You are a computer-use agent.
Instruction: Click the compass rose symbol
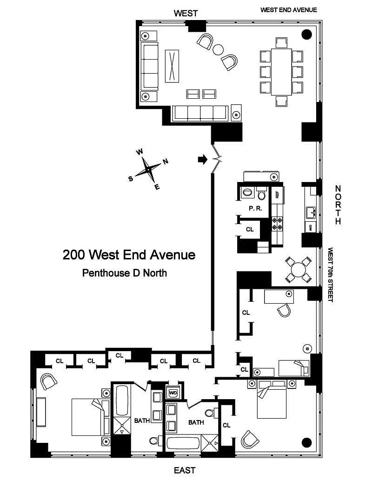[x=148, y=170]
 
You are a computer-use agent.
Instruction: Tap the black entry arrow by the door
[x=203, y=159]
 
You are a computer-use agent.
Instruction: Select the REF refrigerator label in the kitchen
[x=277, y=195]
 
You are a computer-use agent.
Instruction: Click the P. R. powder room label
[x=255, y=209]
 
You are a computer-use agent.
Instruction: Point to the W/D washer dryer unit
[x=173, y=393]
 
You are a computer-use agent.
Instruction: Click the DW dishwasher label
[x=310, y=228]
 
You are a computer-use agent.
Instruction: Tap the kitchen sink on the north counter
[x=310, y=213]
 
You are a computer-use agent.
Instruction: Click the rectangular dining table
[x=281, y=72]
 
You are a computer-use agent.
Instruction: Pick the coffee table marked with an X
[x=172, y=66]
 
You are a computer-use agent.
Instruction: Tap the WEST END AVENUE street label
[x=288, y=10]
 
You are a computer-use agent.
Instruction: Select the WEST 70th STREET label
[x=330, y=274]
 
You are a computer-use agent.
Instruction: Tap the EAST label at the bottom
[x=185, y=470]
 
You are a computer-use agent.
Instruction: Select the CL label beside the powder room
[x=250, y=229]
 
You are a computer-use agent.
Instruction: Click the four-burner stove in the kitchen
[x=277, y=224]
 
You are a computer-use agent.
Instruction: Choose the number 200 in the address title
[x=73, y=255]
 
